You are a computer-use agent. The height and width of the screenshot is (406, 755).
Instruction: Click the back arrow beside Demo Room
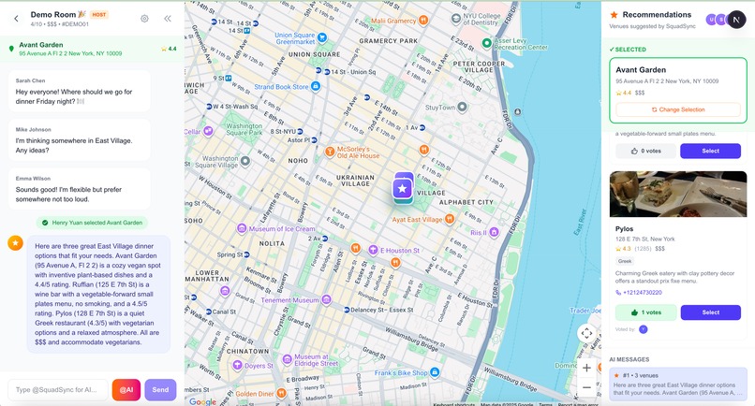pos(16,19)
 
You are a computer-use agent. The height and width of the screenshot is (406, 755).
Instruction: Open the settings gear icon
pos(144,19)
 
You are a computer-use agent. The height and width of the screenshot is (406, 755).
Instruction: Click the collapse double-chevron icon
pos(168,19)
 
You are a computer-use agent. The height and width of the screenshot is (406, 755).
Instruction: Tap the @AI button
pos(126,389)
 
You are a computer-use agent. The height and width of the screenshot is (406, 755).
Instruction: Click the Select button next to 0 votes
pos(710,151)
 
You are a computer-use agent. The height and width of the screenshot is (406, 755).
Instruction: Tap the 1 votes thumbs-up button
pos(642,312)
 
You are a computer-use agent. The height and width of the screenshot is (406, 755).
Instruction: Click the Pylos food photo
pos(678,194)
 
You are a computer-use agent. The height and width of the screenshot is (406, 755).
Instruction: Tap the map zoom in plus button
pos(586,368)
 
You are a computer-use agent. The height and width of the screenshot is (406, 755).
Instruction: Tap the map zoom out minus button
pos(586,387)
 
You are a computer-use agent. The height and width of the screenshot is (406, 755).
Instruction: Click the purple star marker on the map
pos(402,188)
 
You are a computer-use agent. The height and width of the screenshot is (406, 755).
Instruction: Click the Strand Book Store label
pos(281,87)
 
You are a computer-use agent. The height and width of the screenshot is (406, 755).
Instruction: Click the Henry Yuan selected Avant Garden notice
pos(91,223)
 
